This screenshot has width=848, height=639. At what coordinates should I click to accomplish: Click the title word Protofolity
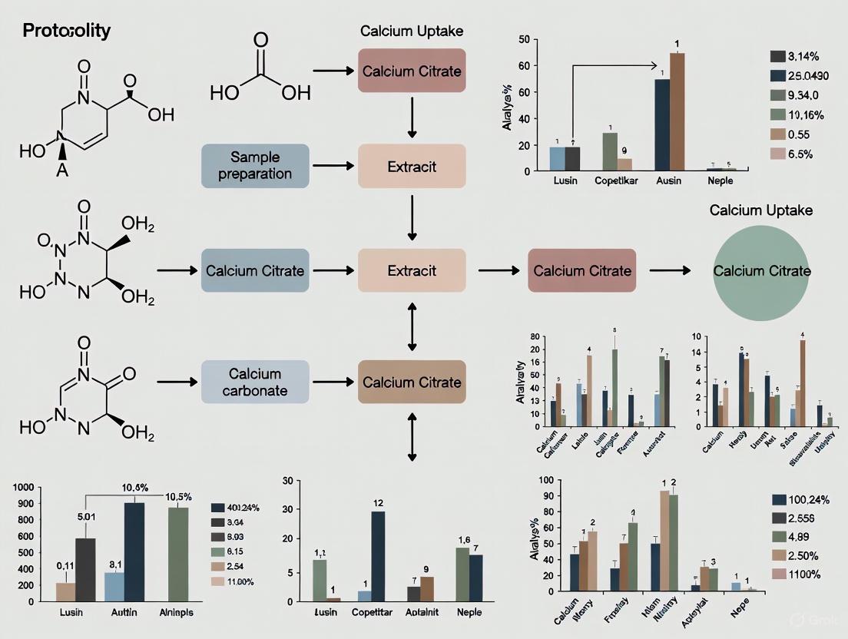click(x=66, y=31)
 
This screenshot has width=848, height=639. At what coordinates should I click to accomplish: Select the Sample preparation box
click(x=254, y=165)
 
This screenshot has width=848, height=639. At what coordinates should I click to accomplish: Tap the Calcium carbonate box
click(x=254, y=382)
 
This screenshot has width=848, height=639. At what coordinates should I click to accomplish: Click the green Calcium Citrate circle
click(x=761, y=271)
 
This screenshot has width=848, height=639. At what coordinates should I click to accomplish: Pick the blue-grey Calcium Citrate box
click(x=254, y=270)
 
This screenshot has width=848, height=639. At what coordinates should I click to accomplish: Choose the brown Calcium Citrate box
click(x=412, y=382)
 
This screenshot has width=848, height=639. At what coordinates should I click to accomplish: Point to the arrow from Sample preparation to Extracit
click(x=334, y=165)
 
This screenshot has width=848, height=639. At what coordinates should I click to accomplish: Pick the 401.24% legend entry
click(x=238, y=508)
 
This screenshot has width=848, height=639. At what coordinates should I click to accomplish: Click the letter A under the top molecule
click(x=62, y=171)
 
